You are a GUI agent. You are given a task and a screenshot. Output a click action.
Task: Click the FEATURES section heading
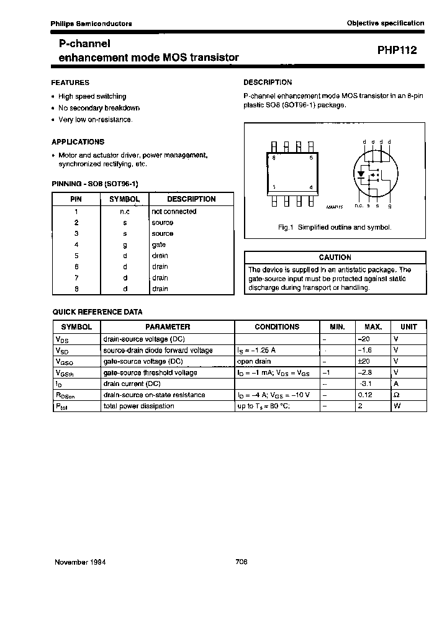pyautogui.click(x=70, y=83)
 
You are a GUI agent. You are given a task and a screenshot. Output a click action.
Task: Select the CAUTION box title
pyautogui.click(x=335, y=257)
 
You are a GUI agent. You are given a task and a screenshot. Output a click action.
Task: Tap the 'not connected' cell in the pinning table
pyautogui.click(x=174, y=212)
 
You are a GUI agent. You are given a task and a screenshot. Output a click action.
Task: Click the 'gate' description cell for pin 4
pyautogui.click(x=159, y=244)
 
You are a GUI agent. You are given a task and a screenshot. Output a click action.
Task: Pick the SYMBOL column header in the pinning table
pyautogui.click(x=124, y=199)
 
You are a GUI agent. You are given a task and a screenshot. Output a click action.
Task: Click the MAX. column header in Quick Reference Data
pyautogui.click(x=373, y=326)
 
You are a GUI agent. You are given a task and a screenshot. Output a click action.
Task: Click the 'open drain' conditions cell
pyautogui.click(x=254, y=361)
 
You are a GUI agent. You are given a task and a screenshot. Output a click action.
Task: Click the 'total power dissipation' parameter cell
pyautogui.click(x=138, y=406)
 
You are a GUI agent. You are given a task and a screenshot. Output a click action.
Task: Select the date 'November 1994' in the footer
pyautogui.click(x=80, y=562)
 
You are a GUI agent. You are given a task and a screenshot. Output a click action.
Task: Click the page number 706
pyautogui.click(x=242, y=562)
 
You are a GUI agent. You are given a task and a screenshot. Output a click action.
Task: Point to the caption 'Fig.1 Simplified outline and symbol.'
pyautogui.click(x=335, y=228)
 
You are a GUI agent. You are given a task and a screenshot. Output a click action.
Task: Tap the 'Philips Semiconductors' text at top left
pyautogui.click(x=91, y=23)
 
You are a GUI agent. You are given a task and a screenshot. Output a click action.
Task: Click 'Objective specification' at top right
pyautogui.click(x=386, y=23)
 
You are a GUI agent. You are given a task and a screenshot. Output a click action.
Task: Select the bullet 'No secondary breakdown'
pyautogui.click(x=99, y=108)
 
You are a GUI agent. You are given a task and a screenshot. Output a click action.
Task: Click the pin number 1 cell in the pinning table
pyautogui.click(x=76, y=212)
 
